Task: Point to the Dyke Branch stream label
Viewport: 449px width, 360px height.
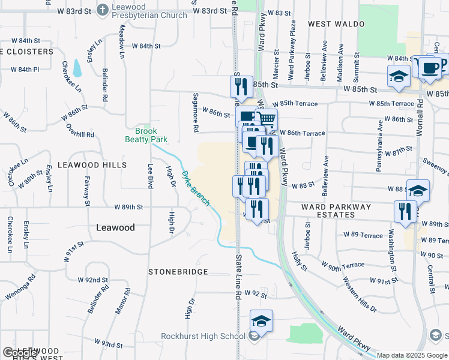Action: (x=196, y=188)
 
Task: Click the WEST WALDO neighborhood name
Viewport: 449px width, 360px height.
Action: (x=336, y=24)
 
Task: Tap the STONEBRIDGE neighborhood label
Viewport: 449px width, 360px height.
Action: (x=178, y=272)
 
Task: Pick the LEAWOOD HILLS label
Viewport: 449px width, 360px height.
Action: (x=92, y=164)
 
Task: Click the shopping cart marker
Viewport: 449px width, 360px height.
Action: (x=267, y=119)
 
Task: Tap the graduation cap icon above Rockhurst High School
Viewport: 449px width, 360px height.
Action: (x=261, y=322)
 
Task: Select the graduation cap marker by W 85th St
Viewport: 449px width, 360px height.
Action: (x=399, y=77)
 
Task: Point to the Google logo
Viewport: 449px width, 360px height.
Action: (x=20, y=353)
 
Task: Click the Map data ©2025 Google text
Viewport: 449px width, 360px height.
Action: (x=412, y=355)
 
